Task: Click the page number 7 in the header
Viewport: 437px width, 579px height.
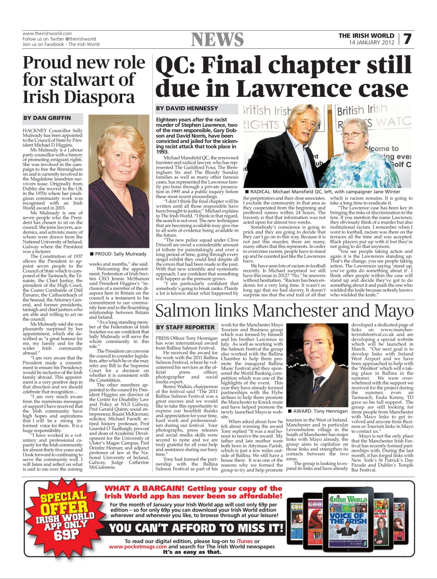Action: (x=407, y=39)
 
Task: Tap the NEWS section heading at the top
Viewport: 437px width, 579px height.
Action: (x=217, y=40)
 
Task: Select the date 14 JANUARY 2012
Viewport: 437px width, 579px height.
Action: (x=371, y=43)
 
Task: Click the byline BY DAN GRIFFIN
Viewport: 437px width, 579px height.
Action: (x=47, y=118)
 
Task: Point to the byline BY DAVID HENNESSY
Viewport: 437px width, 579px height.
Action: (x=187, y=109)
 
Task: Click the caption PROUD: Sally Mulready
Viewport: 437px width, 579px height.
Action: (x=118, y=254)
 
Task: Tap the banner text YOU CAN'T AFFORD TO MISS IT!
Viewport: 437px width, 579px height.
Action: (x=196, y=528)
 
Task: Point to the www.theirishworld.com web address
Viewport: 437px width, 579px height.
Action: (x=47, y=33)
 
